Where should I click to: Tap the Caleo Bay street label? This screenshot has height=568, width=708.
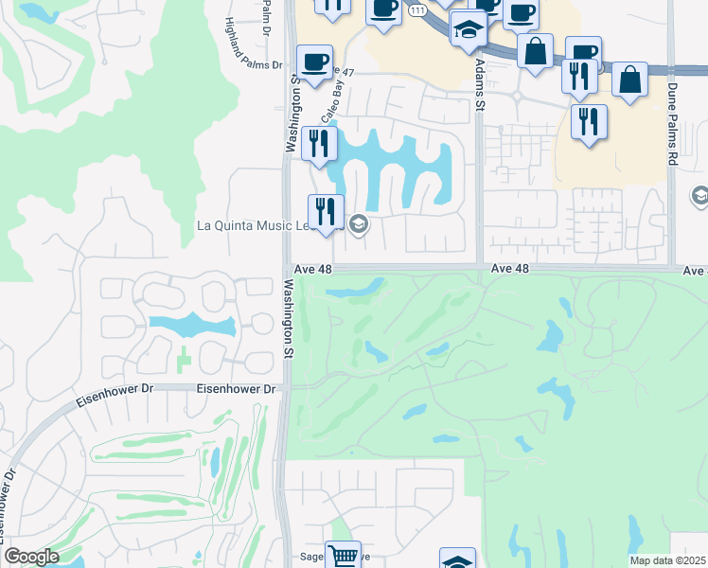coord(330,103)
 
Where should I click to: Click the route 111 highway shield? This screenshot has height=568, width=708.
coord(416,8)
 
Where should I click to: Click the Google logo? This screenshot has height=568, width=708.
coord(31,557)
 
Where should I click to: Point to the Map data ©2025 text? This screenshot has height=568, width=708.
coord(668,560)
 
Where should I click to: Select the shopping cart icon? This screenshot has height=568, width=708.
coord(343,555)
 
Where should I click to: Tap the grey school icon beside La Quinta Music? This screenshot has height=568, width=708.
coord(358,224)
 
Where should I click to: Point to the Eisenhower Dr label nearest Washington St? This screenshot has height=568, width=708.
coord(236,389)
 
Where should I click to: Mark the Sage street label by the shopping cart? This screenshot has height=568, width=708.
coord(311,560)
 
